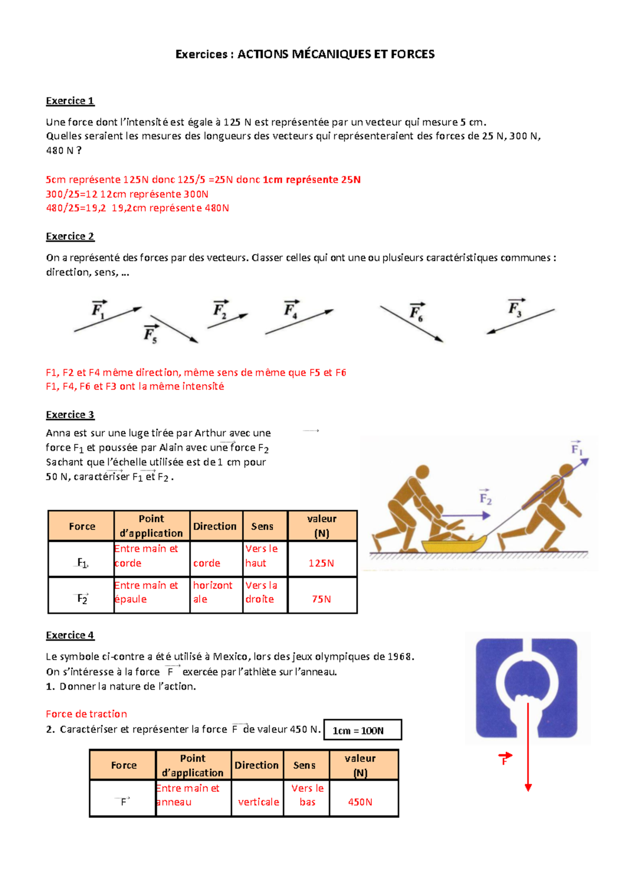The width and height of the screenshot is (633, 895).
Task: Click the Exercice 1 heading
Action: click(70, 101)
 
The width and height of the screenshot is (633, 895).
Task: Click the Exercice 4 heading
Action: click(70, 635)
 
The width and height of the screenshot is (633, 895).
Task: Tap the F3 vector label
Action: click(515, 309)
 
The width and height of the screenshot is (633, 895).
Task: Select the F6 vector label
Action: click(416, 313)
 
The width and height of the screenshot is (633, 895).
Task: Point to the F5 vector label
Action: click(150, 334)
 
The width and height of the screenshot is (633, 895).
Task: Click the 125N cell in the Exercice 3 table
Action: click(321, 563)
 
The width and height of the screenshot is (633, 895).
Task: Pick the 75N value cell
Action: click(321, 599)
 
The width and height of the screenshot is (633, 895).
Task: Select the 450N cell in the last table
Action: click(360, 802)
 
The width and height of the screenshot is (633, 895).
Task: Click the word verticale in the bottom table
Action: click(258, 802)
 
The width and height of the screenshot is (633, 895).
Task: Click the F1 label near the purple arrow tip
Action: click(577, 450)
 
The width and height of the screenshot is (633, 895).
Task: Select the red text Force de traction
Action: click(87, 714)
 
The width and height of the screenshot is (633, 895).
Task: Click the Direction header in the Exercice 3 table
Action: click(215, 526)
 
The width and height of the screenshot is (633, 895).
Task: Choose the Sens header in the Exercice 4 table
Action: click(304, 765)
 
